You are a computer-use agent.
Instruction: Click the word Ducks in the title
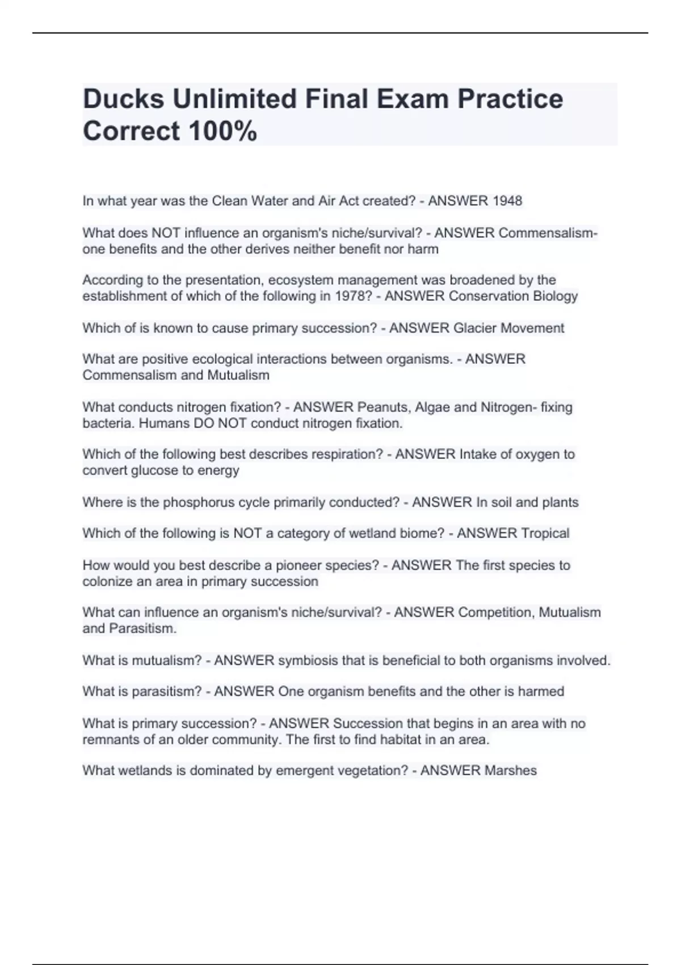[124, 99]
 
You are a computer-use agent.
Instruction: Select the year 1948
[507, 201]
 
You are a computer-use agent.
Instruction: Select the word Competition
[495, 612]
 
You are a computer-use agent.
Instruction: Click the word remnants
[110, 740]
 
